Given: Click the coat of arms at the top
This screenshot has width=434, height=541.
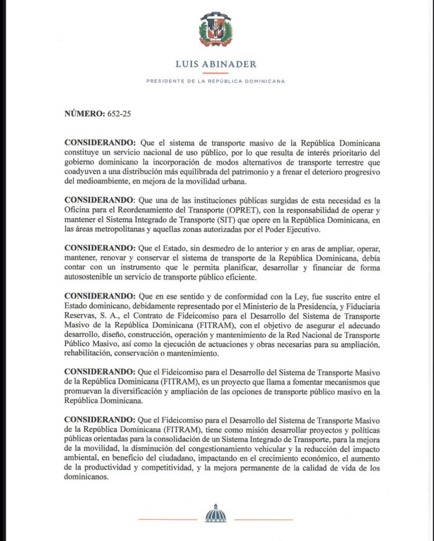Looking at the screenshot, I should (x=215, y=29).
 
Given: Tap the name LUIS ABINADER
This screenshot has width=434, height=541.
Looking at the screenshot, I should (x=216, y=64).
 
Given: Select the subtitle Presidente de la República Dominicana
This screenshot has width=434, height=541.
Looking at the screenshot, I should (x=216, y=81).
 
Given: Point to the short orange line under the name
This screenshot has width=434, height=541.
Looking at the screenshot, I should (x=215, y=73).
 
